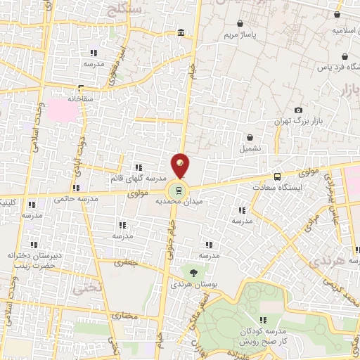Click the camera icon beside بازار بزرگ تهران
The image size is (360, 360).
299,110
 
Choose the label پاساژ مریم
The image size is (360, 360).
238,34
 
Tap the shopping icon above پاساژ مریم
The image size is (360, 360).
241,22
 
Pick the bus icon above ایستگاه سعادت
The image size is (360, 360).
277,176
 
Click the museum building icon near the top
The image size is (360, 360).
181,33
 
